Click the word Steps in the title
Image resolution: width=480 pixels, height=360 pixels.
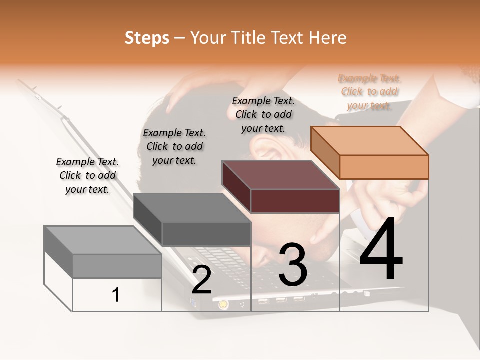(147, 38)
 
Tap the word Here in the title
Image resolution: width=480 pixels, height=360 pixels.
(327, 38)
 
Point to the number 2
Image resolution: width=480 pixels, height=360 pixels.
(201, 280)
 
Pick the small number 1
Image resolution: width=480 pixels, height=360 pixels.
(116, 295)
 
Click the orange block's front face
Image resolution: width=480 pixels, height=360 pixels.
(384, 167)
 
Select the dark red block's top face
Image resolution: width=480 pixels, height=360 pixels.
(280, 175)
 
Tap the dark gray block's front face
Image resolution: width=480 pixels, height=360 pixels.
(206, 234)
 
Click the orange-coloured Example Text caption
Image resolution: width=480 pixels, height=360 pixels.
(369, 92)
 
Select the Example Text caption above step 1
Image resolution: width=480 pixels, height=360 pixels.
(87, 175)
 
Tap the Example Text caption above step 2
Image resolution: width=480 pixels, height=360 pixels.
(174, 146)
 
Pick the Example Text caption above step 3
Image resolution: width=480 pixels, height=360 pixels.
(263, 114)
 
